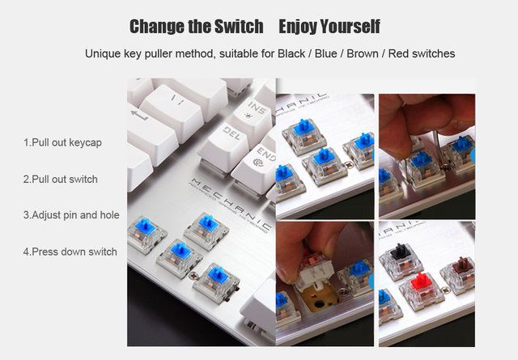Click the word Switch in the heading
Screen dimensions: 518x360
[239, 27]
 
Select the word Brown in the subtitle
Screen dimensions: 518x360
[363, 53]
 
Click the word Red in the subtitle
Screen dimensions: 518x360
[399, 53]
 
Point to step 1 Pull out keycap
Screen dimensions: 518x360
[62, 142]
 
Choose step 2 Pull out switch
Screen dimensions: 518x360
[61, 180]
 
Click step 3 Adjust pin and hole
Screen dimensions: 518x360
[71, 215]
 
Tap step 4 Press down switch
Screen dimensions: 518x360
[70, 252]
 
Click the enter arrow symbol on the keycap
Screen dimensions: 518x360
[139, 115]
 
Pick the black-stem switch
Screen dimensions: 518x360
[401, 260]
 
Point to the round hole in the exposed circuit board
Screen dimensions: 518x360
[319, 303]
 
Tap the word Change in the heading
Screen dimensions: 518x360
[157, 27]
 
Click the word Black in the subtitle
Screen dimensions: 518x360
[291, 53]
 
